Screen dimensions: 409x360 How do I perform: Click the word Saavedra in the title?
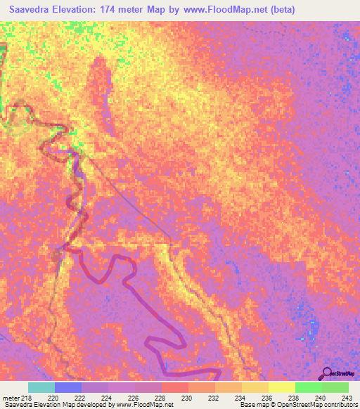31,9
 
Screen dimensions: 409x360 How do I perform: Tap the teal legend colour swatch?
41,387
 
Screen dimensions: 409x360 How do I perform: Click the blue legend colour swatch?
68,387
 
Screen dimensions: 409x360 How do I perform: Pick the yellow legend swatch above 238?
282,387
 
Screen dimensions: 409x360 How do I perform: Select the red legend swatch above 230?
175,387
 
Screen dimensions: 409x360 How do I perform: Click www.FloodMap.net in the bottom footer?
145,405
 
